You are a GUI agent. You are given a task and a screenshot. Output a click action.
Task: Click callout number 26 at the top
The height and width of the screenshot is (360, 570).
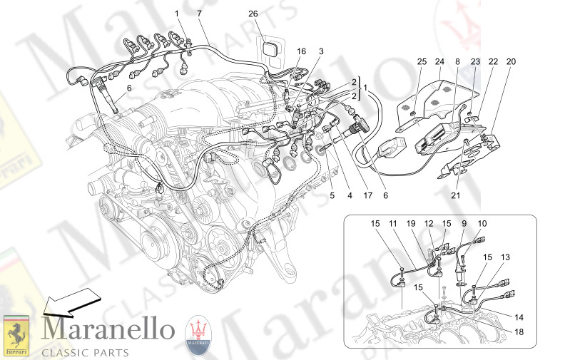(253, 14)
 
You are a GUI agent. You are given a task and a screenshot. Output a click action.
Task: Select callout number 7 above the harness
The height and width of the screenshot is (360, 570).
(199, 14)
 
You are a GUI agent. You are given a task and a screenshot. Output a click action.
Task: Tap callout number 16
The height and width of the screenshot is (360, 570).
(302, 51)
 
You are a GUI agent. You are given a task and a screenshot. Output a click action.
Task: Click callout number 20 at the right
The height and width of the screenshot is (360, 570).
(511, 61)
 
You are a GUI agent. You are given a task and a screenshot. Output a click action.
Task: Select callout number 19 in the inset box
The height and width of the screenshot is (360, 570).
(412, 224)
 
